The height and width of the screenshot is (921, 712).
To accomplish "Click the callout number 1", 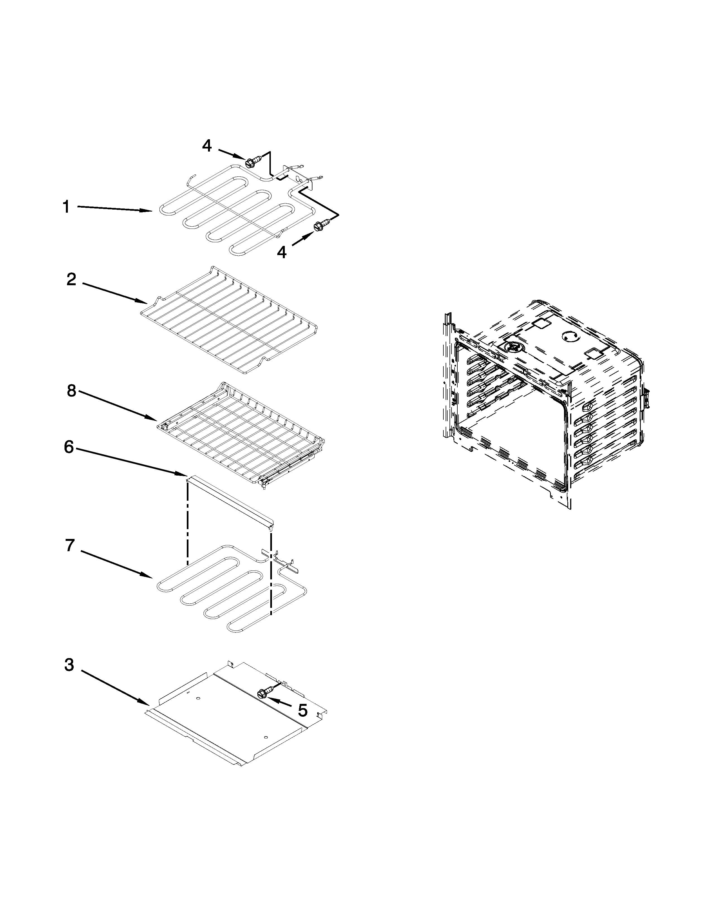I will pos(66,207).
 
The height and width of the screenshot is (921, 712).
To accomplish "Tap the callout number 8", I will pos(71,391).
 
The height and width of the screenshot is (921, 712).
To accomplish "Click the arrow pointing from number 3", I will pos(114,687).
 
